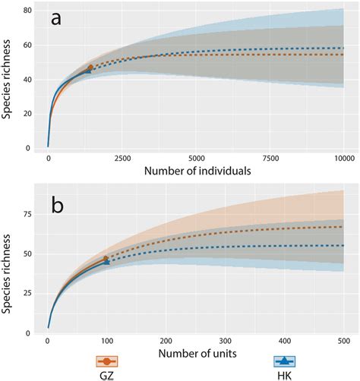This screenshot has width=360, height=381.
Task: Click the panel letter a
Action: [x=55, y=20]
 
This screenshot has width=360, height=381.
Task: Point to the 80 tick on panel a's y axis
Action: [x=27, y=11]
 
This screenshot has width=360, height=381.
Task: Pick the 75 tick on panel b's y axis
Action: [x=27, y=214]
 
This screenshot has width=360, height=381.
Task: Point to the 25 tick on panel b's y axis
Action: [x=27, y=293]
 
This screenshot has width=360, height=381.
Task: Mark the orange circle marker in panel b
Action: [x=106, y=260]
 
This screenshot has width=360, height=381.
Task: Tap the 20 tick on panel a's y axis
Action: [x=27, y=114]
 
